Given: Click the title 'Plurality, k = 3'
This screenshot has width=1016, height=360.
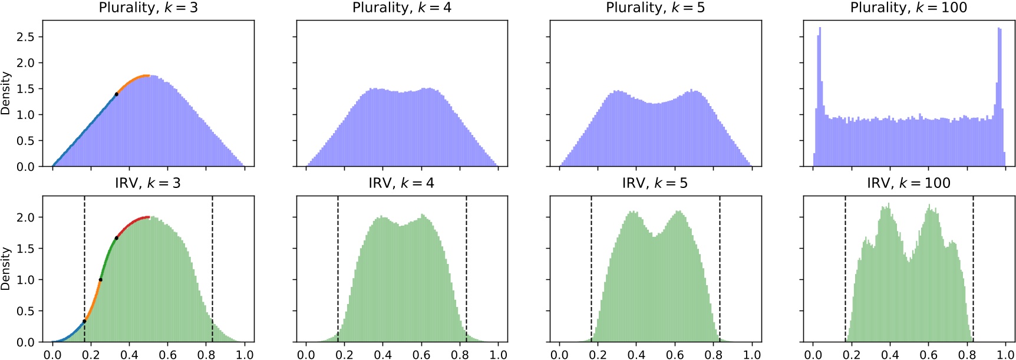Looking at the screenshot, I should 148,8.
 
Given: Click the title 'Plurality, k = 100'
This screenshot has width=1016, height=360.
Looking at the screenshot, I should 908,8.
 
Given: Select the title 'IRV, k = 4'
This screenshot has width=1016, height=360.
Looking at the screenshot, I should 401,183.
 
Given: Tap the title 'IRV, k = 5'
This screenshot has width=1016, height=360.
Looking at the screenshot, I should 655,183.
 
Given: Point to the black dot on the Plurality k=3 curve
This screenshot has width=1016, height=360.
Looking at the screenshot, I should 116,94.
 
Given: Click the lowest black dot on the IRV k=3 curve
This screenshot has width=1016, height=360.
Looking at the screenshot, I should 84,321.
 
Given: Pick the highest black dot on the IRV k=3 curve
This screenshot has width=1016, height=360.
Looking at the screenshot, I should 116,238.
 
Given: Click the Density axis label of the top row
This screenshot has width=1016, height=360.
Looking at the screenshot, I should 6,93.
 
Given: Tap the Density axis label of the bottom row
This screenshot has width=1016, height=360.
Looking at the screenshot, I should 6,269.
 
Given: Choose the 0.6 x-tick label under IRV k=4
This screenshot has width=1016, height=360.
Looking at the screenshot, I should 421,355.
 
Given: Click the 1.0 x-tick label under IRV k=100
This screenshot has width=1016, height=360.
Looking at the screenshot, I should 1005,355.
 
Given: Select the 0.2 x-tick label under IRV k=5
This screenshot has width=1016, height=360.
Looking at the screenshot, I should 598,355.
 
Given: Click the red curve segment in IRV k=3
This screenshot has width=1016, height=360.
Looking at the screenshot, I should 135,220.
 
